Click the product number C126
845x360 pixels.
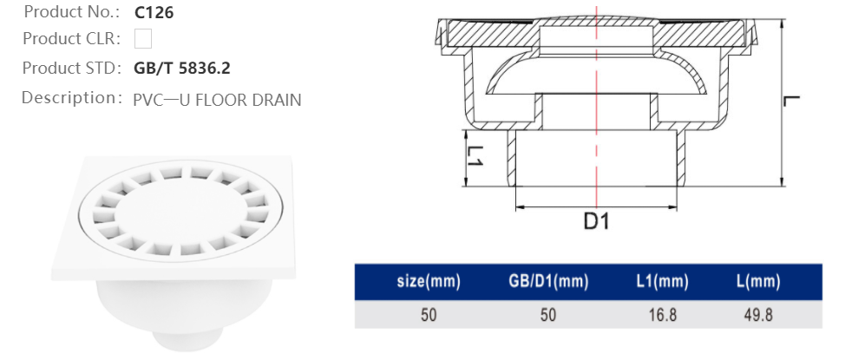click(x=155, y=14)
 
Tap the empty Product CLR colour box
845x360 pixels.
click(x=143, y=38)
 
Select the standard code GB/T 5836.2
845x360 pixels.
click(x=182, y=68)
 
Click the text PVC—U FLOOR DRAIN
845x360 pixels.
click(x=217, y=99)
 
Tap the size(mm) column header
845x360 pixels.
click(x=429, y=282)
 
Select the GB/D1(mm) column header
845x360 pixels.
click(x=547, y=282)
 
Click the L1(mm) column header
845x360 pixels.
click(x=662, y=282)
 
